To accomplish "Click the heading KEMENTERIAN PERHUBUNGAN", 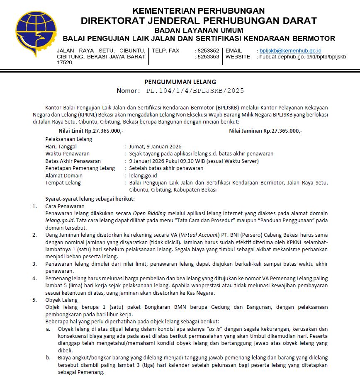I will pyautogui.click(x=199, y=11).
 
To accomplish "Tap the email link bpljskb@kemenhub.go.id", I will pyautogui.click(x=287, y=51).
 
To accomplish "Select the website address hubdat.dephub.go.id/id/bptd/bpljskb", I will pyautogui.click(x=302, y=57).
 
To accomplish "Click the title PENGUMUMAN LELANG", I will pyautogui.click(x=180, y=82).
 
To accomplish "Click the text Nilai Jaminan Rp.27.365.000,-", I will pyautogui.click(x=265, y=131).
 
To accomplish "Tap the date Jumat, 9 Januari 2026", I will pyautogui.click(x=155, y=146).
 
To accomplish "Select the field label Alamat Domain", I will pyautogui.click(x=64, y=175).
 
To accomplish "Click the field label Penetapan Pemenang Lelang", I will pyautogui.click(x=80, y=168).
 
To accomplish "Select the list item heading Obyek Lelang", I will pyautogui.click(x=61, y=300).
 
